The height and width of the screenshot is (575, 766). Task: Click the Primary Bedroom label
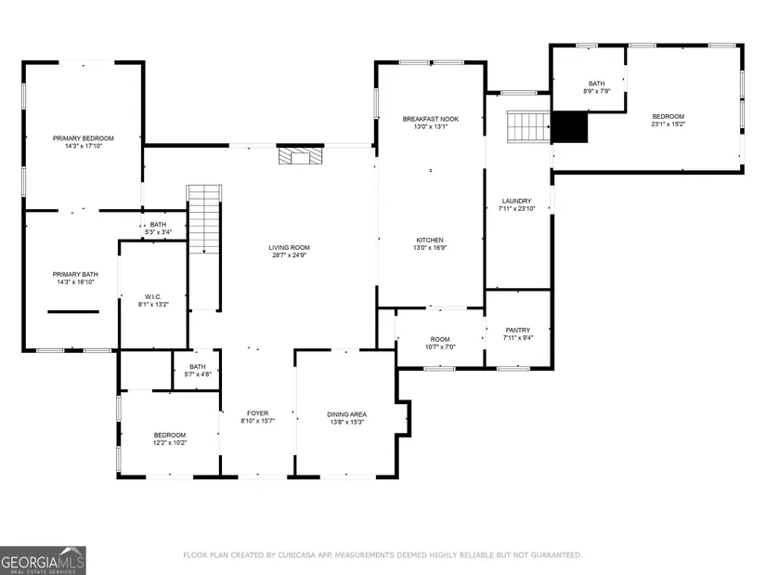84,138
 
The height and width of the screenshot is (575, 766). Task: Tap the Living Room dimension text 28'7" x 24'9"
289,255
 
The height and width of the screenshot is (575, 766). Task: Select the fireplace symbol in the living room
301,155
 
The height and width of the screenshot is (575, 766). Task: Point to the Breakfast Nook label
431,119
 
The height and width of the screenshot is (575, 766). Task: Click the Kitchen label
430,240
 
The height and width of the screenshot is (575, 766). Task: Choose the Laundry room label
517,201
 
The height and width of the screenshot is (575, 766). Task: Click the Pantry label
518,330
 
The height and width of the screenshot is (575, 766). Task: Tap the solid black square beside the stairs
569,127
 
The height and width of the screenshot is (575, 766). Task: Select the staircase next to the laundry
528,126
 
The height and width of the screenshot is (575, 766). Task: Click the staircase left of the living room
204,219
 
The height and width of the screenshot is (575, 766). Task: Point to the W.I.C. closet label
153,297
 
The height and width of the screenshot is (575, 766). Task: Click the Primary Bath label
75,274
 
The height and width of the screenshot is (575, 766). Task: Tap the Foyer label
257,413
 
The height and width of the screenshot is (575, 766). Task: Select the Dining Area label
347,414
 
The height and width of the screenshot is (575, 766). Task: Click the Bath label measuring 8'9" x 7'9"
596,84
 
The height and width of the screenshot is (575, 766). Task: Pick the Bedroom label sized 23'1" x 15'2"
669,116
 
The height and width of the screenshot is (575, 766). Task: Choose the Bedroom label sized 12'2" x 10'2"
170,435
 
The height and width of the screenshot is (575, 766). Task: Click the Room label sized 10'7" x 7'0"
440,339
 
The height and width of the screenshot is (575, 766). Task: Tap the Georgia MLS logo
43,560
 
